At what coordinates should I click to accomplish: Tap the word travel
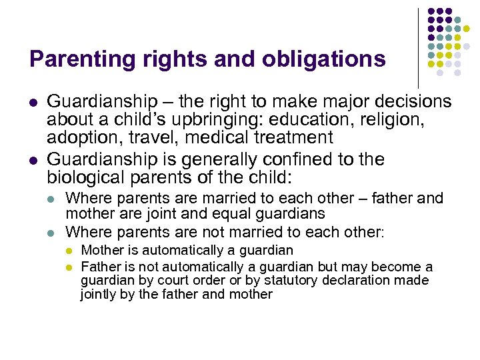click(x=154, y=138)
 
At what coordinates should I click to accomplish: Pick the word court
click(x=175, y=281)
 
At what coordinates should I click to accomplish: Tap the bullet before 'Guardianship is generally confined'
click(x=33, y=161)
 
